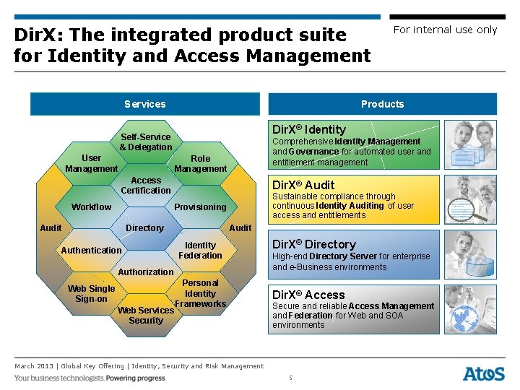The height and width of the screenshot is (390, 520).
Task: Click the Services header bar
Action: [x=144, y=104]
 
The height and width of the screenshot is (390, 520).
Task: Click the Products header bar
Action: [x=382, y=104]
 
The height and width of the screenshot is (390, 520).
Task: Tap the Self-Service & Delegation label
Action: [x=146, y=142]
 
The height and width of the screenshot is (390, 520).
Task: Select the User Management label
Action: [x=91, y=163]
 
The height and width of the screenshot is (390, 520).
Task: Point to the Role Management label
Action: [x=200, y=164]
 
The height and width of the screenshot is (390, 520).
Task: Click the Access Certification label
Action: [x=146, y=186]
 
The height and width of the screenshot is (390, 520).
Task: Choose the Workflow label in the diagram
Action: [x=92, y=207]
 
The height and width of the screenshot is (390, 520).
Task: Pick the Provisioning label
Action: [x=200, y=207]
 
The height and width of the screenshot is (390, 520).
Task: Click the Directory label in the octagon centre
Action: [x=144, y=228]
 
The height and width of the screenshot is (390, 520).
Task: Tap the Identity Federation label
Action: [x=200, y=251]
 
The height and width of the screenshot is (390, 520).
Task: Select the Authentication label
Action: [x=91, y=251]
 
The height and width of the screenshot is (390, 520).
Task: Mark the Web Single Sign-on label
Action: [x=91, y=294]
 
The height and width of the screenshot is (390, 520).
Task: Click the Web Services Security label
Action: [x=146, y=316]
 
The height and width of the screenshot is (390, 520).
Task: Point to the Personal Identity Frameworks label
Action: [x=200, y=293]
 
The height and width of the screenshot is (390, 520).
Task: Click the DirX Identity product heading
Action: [x=308, y=129]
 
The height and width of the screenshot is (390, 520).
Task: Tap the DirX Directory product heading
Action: [x=313, y=244]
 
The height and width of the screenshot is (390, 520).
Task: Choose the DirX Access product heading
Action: [x=308, y=295]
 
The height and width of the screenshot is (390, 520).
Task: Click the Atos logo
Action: [x=483, y=373]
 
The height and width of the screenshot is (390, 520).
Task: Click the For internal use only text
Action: [x=445, y=30]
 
